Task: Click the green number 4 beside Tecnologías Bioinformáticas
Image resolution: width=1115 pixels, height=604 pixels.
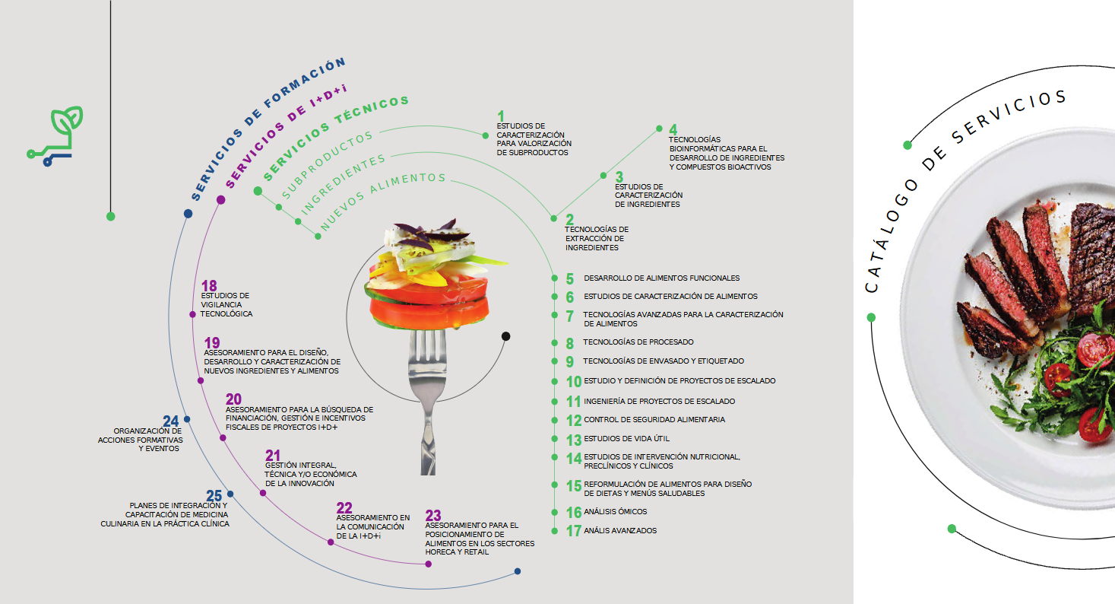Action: click(x=673, y=130)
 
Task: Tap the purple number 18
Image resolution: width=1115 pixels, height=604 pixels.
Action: click(x=209, y=285)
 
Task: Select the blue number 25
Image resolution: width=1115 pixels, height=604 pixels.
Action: click(x=214, y=496)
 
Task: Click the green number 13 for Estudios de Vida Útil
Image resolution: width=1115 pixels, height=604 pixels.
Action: click(x=573, y=440)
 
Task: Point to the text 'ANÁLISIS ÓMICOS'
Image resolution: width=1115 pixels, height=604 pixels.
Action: click(x=615, y=512)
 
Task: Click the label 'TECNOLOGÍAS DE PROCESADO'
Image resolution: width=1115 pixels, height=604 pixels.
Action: click(x=638, y=342)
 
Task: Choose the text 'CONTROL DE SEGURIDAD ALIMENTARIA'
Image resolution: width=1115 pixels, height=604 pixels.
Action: click(x=654, y=420)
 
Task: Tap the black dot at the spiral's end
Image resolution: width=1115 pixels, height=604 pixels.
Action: click(x=505, y=336)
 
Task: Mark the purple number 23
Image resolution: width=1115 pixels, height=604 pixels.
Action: click(x=433, y=515)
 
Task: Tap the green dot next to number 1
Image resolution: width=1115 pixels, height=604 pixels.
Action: click(x=486, y=135)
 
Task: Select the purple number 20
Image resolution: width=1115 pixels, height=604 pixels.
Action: click(x=233, y=399)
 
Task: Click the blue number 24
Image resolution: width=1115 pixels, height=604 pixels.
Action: click(x=171, y=421)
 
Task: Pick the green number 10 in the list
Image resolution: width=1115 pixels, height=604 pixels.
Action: click(x=573, y=382)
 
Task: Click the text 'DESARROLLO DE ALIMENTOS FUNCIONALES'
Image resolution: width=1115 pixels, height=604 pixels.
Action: click(x=661, y=278)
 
